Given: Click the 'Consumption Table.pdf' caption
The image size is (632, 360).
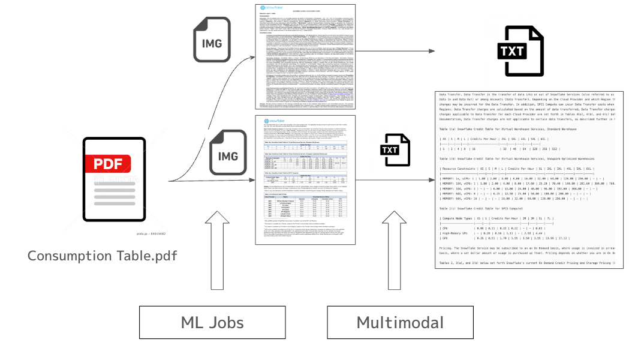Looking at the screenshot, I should point(102,256).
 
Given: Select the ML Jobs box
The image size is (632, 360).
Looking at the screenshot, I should point(212,322).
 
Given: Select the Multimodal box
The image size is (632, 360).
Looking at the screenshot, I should point(400,322).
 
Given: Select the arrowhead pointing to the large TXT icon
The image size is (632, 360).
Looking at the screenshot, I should point(431,51).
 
